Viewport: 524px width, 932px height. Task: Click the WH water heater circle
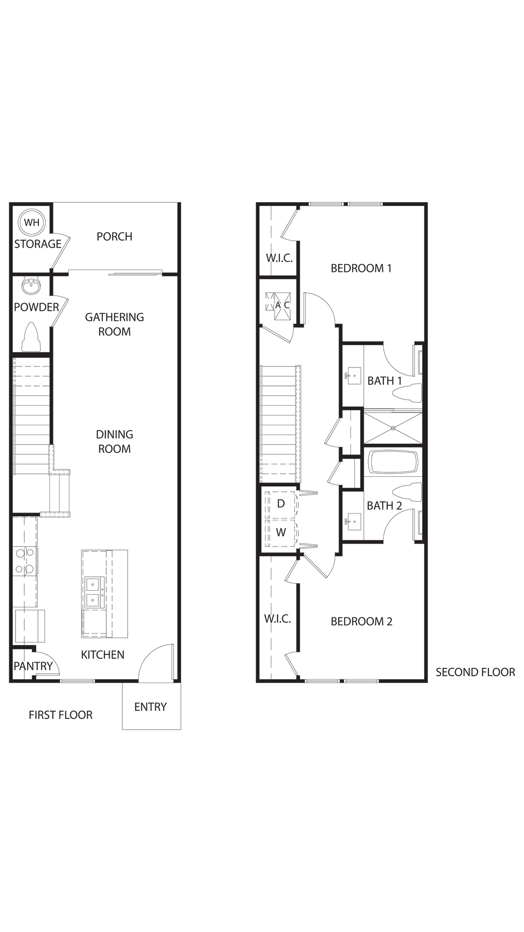(32, 223)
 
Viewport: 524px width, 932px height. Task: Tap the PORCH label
(115, 236)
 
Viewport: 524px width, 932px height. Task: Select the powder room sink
(32, 286)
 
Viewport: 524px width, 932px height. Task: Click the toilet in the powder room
(32, 337)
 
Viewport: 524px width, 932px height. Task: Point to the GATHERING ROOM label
(115, 324)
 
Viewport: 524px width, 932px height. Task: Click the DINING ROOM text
(115, 442)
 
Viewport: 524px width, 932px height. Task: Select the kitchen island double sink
(93, 593)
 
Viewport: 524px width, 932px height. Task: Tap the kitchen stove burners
(25, 561)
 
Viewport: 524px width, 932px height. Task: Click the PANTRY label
(33, 666)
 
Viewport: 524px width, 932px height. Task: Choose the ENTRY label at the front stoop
(150, 707)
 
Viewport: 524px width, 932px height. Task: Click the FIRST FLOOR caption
(60, 715)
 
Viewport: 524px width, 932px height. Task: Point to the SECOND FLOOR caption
(475, 672)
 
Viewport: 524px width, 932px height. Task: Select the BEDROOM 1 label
(361, 268)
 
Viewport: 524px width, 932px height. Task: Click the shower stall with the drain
(393, 428)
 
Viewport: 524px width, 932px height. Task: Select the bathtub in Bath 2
(393, 463)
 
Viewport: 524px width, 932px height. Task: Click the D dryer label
(281, 503)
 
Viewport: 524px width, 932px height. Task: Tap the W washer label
(281, 533)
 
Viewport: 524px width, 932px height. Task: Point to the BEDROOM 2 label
(361, 621)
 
